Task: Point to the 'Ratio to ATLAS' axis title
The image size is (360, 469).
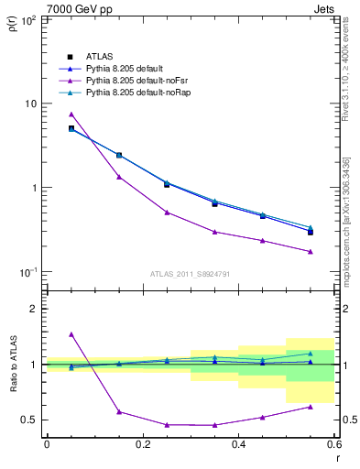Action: (x=10, y=365)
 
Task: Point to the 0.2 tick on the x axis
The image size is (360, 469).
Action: (x=142, y=444)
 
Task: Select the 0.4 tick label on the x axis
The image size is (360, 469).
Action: (x=238, y=444)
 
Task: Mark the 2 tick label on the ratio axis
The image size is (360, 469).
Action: (x=33, y=310)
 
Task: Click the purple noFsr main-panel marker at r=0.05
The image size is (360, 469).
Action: (x=71, y=115)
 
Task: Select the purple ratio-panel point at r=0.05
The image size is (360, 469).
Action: (x=71, y=334)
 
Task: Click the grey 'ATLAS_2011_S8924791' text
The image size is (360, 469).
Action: (x=189, y=272)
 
